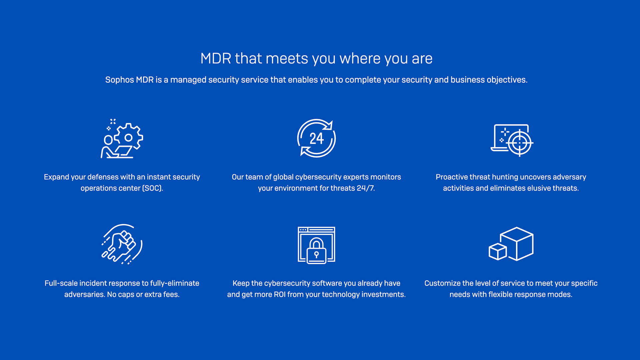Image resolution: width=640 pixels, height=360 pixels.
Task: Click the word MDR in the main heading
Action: tap(216, 59)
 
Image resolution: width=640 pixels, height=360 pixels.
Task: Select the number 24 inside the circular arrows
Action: tap(316, 139)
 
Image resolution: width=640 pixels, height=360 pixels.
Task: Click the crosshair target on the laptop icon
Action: tap(519, 143)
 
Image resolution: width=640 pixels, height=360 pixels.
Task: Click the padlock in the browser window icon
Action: tap(316, 251)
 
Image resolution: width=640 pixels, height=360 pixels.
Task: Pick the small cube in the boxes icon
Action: tap(498, 252)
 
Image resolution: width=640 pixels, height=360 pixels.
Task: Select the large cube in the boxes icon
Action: tap(517, 244)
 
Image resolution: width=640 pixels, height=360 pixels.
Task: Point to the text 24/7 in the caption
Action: tap(366, 188)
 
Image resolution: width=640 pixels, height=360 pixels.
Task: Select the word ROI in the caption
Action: tap(279, 295)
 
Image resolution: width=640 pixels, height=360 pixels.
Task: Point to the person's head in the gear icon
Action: tap(108, 140)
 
